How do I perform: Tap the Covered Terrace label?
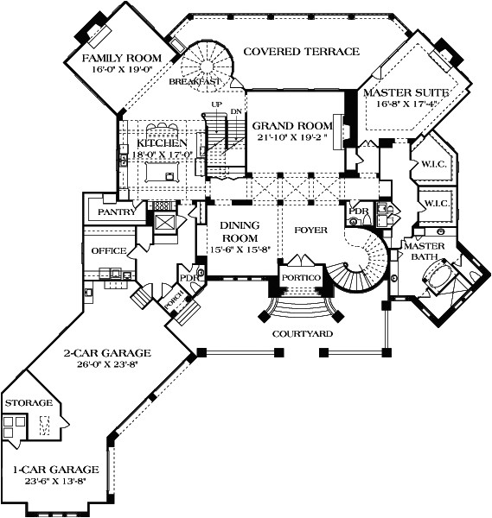point(300,52)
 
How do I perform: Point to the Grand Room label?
point(286,124)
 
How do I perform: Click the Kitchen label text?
point(162,142)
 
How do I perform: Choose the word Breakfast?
point(194,81)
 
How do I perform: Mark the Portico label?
point(301,276)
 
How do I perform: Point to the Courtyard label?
point(303,332)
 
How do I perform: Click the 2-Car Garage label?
point(107,352)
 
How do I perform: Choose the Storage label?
point(29,403)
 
